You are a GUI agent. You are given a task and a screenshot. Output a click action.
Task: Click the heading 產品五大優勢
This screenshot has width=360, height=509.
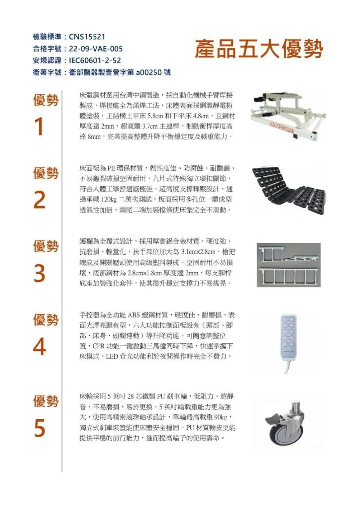(258, 49)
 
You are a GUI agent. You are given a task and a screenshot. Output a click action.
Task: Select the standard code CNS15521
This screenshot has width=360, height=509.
(87, 37)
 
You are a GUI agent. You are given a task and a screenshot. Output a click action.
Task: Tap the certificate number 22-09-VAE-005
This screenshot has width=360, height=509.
(95, 49)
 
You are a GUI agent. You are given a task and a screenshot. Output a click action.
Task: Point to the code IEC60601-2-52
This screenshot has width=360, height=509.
(95, 61)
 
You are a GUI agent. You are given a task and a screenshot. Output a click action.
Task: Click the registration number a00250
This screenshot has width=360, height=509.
(149, 72)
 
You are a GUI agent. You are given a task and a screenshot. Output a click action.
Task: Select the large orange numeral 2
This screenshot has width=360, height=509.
(40, 200)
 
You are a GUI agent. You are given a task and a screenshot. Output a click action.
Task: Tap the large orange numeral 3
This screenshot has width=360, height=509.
(40, 273)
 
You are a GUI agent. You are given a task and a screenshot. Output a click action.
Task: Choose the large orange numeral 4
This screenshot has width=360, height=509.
(40, 347)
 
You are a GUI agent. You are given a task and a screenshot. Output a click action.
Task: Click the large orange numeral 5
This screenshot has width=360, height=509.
(40, 428)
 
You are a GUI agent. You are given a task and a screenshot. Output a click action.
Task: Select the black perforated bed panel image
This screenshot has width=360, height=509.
(288, 189)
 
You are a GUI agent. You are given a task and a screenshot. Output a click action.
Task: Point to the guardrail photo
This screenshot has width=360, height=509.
(288, 265)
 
